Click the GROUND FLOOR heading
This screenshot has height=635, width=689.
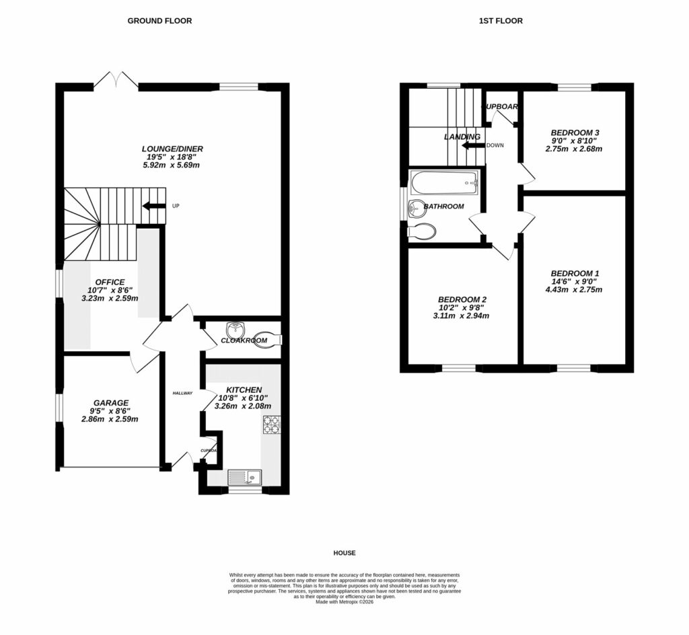[159, 21]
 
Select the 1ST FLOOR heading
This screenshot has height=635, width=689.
[500, 21]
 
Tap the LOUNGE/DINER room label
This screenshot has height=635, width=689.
[172, 149]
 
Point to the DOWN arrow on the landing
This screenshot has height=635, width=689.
[472, 145]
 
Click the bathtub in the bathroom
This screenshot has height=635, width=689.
[444, 181]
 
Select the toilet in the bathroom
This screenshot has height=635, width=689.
[423, 232]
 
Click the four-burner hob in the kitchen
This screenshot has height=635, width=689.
[271, 424]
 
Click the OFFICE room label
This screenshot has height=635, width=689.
[110, 282]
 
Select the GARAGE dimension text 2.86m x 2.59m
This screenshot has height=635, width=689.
[110, 419]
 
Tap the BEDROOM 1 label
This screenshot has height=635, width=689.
[575, 273]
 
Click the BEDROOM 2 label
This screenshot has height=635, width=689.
[462, 299]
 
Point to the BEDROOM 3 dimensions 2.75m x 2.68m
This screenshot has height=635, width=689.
[575, 148]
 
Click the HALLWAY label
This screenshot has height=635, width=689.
[182, 394]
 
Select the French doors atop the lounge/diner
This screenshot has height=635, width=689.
[116, 80]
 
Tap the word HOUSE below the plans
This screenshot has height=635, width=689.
[344, 553]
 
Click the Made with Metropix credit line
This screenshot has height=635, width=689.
[344, 602]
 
